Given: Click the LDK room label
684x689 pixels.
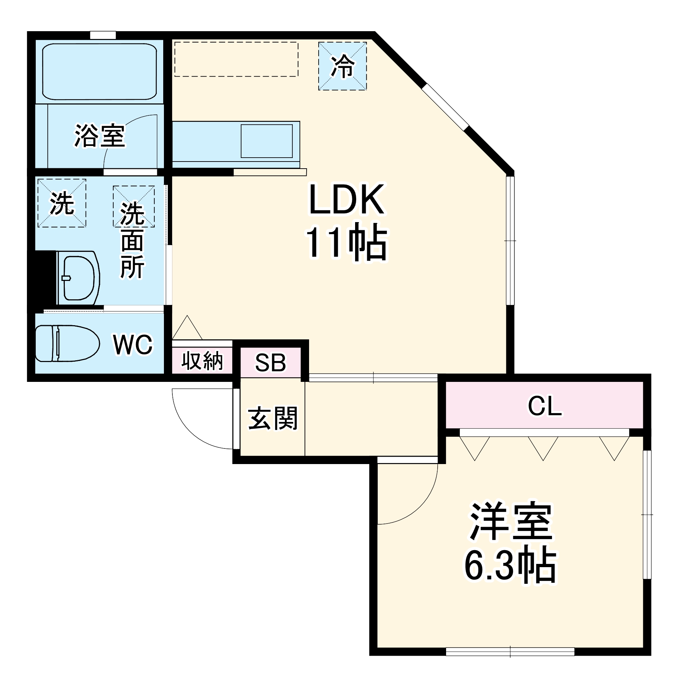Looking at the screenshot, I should tap(346, 199).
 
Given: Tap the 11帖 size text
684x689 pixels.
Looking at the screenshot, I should tap(346, 243).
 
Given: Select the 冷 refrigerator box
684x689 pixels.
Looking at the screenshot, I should tap(342, 66).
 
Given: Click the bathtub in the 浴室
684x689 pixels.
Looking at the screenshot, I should tap(99, 71).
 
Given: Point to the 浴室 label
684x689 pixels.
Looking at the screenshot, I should tap(99, 136).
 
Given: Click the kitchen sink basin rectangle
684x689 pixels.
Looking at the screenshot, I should tap(266, 141).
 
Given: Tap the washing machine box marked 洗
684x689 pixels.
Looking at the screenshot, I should tap(62, 203).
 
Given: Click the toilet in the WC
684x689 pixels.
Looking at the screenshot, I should tap(67, 343).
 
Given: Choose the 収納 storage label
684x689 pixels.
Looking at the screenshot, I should tap(202, 361).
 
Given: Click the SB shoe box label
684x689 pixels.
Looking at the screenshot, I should tap(270, 363).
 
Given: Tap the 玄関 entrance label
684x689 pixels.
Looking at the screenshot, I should tap(272, 418).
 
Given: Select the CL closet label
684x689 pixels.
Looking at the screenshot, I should tap(544, 406).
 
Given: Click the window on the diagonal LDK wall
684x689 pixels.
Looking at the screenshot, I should tap(445, 107).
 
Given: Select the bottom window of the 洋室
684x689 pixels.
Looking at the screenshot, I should tap(510, 652).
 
